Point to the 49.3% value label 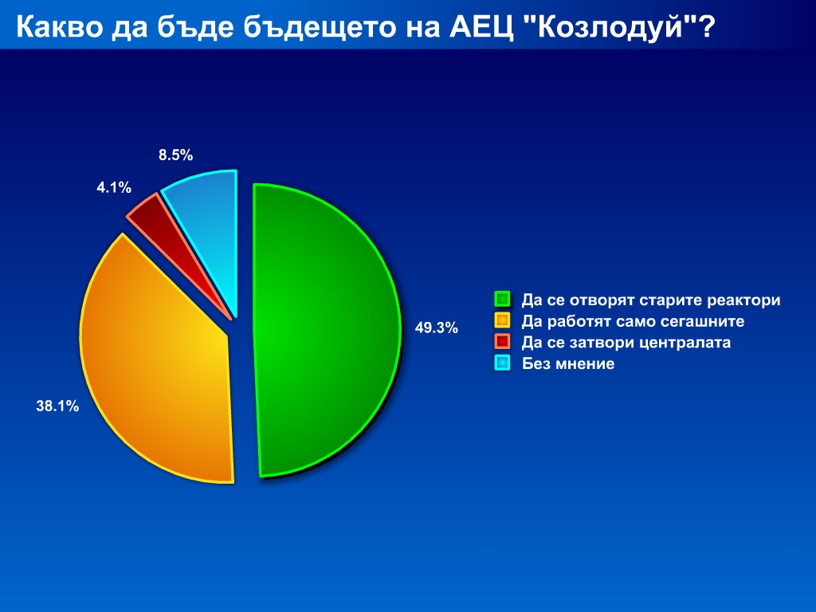pos(437,328)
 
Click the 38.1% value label pos(57,406)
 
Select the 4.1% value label pos(114,187)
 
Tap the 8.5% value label pos(176,155)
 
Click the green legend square pos(502,300)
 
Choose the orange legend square pos(502,320)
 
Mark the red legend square pos(502,342)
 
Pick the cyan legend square pos(502,363)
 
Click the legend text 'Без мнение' pos(568,363)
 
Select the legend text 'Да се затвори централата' pos(626,343)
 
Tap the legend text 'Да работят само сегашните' pos(633,321)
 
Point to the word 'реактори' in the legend pos(743,300)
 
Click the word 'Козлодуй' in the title pos(608,27)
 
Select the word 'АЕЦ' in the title pos(481,27)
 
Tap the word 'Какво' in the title pos(59,27)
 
